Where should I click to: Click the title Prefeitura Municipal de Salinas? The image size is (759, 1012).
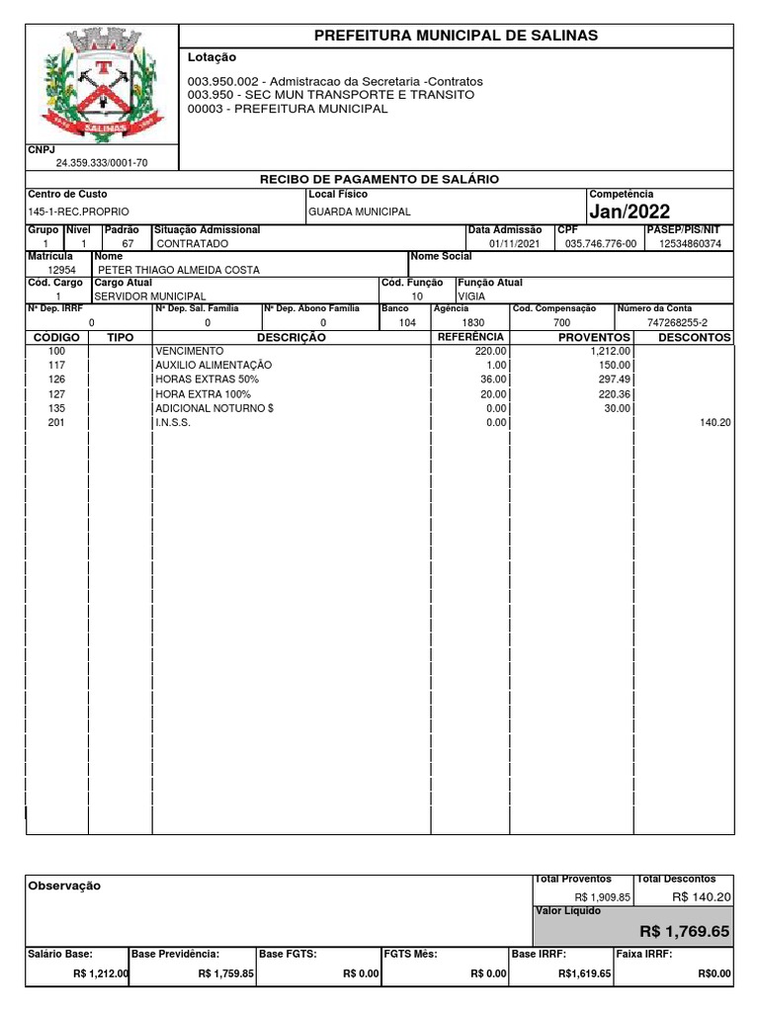(x=456, y=36)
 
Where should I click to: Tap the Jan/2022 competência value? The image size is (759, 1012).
(x=630, y=212)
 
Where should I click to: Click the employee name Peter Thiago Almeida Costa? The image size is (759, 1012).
(x=178, y=270)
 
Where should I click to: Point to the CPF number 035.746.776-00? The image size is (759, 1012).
(x=600, y=243)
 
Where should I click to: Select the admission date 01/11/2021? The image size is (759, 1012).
(x=516, y=243)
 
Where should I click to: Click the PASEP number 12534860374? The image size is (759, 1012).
(x=690, y=243)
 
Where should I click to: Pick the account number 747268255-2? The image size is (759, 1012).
(x=677, y=323)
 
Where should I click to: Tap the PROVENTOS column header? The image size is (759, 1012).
(x=594, y=338)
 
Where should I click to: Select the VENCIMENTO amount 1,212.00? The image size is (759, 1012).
(x=610, y=351)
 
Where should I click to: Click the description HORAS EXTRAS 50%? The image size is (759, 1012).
(x=207, y=379)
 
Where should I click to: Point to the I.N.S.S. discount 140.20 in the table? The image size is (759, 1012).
(x=713, y=423)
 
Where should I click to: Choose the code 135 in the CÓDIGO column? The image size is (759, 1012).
(x=56, y=408)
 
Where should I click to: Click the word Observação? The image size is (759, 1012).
(x=64, y=886)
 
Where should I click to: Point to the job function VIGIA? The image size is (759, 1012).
(x=471, y=296)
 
